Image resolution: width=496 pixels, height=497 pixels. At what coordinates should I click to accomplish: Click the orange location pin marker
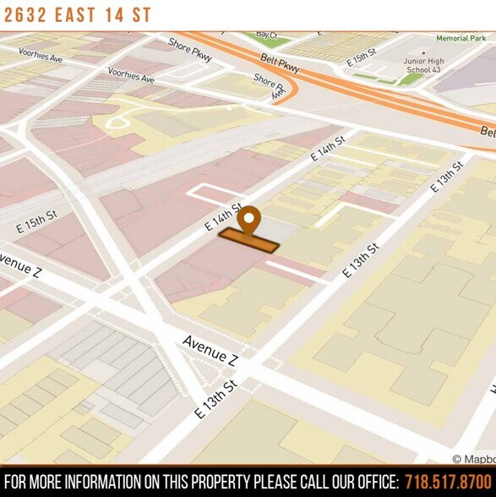click(248, 220)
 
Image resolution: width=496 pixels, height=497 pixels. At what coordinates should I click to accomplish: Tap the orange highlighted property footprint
click(248, 240)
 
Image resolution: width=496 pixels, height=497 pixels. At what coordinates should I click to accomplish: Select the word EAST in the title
click(82, 16)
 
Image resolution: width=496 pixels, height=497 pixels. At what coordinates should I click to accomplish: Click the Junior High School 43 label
click(422, 65)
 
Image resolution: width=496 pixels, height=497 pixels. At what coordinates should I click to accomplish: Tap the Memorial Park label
click(461, 38)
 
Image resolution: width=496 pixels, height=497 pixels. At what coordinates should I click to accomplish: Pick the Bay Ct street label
click(266, 35)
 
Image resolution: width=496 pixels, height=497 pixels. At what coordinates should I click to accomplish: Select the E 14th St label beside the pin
click(224, 217)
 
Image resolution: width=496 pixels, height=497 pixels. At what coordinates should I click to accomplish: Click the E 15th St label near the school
click(361, 58)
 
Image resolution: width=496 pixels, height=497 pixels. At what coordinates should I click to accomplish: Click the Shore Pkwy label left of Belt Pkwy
click(190, 51)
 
